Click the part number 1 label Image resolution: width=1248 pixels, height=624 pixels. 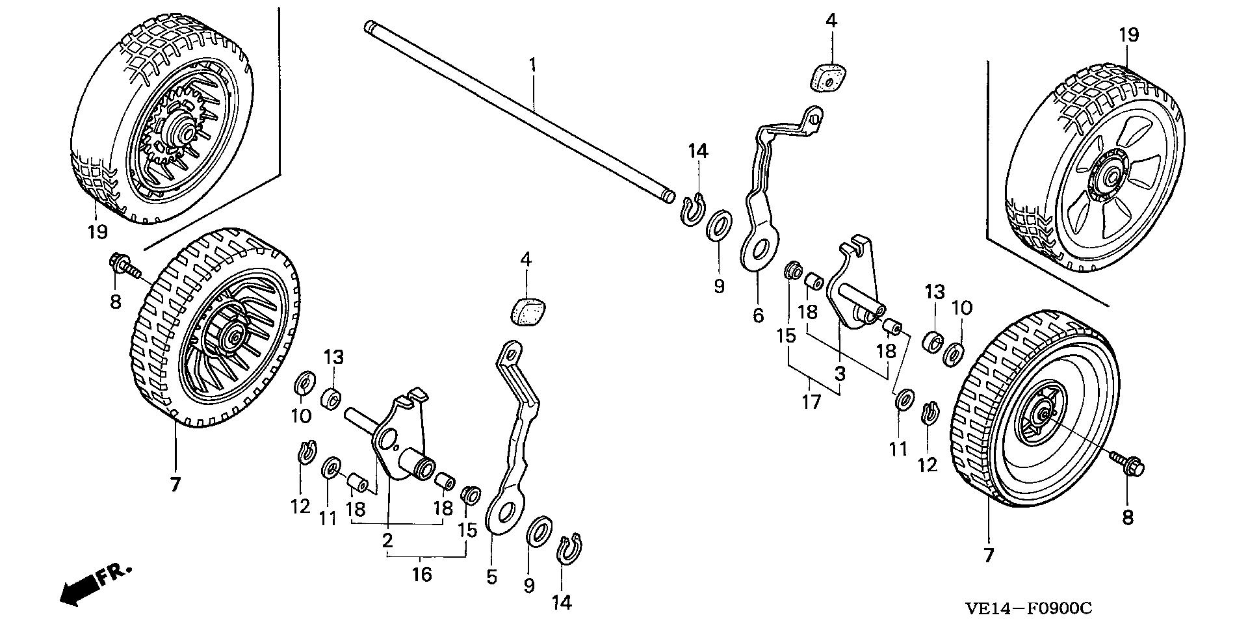(x=532, y=64)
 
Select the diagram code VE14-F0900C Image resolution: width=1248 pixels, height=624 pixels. (x=1028, y=608)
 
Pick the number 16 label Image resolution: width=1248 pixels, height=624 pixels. (x=422, y=575)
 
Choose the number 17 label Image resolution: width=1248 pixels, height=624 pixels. (x=811, y=402)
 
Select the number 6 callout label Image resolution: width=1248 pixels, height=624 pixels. (x=758, y=316)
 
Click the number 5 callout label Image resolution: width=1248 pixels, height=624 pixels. (x=491, y=576)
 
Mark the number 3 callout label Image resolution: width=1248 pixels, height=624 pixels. (x=840, y=374)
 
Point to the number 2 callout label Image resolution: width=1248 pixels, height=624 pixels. (x=387, y=540)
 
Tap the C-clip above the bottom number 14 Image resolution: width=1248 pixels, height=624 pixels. (x=570, y=549)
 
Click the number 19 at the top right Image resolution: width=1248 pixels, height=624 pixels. (x=1129, y=34)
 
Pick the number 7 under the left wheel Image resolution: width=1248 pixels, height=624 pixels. (x=174, y=484)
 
